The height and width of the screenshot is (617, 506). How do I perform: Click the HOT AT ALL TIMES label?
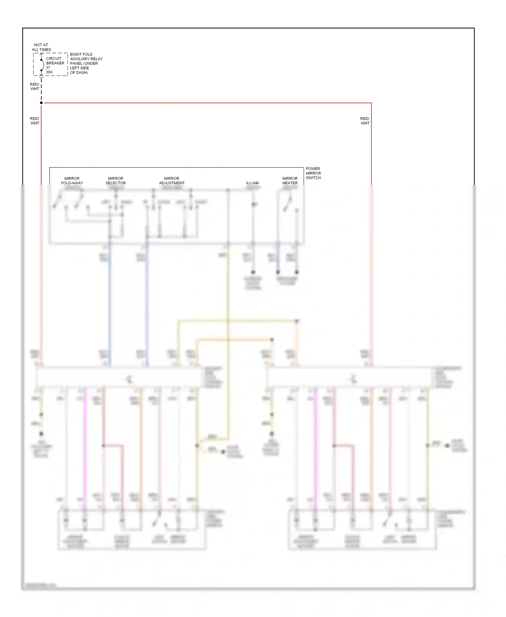[x=41, y=47]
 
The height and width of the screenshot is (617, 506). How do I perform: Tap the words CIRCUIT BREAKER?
[x=55, y=61]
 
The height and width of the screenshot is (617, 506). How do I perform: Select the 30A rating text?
[x=49, y=72]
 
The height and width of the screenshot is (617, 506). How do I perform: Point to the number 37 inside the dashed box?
[x=48, y=68]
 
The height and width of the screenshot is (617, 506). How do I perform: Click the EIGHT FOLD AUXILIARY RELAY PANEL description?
[x=86, y=63]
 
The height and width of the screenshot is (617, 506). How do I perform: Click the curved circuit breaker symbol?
[x=42, y=65]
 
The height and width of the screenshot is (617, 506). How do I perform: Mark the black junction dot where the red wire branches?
[x=41, y=103]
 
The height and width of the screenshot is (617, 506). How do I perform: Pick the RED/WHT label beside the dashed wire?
[x=35, y=87]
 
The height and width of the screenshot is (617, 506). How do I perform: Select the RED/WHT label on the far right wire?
[x=365, y=121]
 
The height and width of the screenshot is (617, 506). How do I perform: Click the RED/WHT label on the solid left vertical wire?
[x=35, y=121]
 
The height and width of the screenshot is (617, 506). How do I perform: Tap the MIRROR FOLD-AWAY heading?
[x=72, y=181]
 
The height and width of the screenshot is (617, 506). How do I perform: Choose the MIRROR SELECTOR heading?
[x=115, y=181]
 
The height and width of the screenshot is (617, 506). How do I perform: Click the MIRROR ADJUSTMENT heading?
[x=172, y=181]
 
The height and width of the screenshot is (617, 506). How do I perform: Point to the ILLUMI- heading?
[x=253, y=183]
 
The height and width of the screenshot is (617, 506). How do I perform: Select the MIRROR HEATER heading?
[x=290, y=181]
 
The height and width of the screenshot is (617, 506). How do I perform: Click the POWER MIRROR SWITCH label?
[x=313, y=173]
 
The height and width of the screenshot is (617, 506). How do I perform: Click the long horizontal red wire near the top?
[x=202, y=103]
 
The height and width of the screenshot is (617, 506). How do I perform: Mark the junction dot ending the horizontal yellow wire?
[x=297, y=321]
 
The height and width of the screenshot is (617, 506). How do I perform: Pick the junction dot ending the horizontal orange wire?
[x=272, y=340]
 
